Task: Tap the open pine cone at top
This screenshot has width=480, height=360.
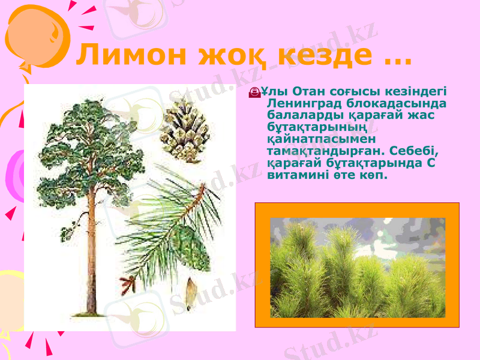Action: [x=184, y=130]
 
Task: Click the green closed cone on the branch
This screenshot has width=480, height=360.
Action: [x=191, y=248]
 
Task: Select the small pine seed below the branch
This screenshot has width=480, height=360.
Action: [x=190, y=293]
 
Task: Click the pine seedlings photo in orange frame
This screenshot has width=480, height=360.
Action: [x=357, y=267]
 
